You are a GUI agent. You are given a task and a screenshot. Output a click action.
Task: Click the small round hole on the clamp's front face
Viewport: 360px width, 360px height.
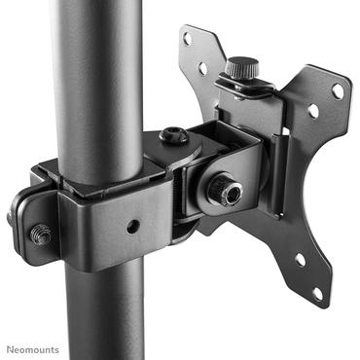[132, 227]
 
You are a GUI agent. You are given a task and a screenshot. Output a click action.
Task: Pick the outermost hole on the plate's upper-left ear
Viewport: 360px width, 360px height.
[188, 41]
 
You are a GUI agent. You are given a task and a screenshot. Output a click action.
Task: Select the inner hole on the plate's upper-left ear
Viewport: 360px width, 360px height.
[203, 68]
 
